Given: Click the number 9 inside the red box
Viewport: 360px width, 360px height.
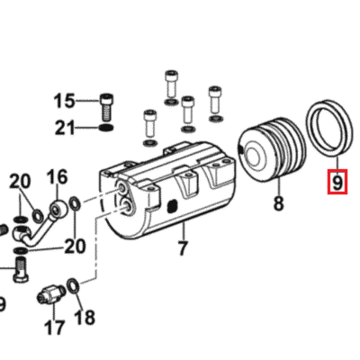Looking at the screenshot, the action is point(337,182).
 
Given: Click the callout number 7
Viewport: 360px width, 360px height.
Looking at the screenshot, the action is point(183,247).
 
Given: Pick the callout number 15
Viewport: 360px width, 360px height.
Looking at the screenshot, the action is point(64,101).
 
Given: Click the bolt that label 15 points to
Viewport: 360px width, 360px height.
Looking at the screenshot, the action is point(105,106).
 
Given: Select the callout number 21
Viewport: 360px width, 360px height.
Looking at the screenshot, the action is point(65,128).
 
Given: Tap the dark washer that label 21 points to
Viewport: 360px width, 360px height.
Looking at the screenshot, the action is point(106,128).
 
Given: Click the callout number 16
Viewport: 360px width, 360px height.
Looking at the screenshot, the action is point(58,177).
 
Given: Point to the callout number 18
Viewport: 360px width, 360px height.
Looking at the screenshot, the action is point(85,317).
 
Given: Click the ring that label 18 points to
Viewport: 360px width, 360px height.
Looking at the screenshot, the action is point(73,285).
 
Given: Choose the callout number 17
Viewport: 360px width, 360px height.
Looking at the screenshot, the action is point(54,328).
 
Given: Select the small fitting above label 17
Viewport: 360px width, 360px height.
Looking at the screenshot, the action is point(50,293).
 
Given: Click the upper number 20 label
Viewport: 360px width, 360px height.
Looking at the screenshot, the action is point(20,182).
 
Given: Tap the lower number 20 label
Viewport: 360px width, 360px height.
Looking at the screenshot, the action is point(75,246).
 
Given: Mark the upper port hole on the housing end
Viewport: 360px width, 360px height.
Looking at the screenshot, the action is point(123,188).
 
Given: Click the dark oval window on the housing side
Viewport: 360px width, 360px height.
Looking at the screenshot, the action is point(172,205).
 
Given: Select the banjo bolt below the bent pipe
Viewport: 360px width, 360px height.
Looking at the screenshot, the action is point(22,268).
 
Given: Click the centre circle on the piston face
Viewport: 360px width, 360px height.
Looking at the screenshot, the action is point(255,155).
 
